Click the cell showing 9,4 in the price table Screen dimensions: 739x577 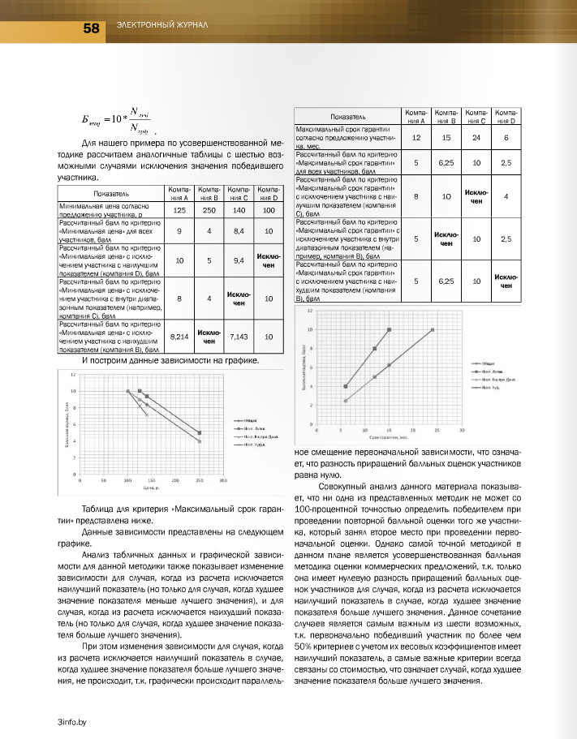click(x=239, y=260)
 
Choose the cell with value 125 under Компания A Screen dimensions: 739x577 click(x=179, y=210)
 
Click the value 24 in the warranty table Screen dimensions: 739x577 click(x=476, y=138)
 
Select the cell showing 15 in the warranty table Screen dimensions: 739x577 click(x=446, y=138)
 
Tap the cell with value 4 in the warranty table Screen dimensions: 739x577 click(x=506, y=196)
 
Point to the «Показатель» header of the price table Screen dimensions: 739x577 click(x=111, y=193)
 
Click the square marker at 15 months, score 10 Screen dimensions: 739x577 click(x=390, y=330)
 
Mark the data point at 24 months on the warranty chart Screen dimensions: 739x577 click(x=433, y=330)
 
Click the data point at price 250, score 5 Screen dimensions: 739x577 click(x=200, y=433)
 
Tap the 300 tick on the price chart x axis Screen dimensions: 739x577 click(x=223, y=481)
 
